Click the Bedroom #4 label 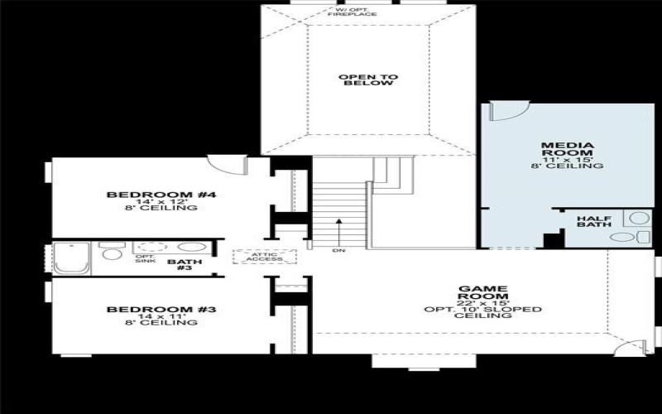coord(161,195)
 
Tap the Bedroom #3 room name coord(161,310)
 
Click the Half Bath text coord(593,224)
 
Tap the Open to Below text coord(367,80)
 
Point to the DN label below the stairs coord(338,250)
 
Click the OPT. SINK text coord(146,258)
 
